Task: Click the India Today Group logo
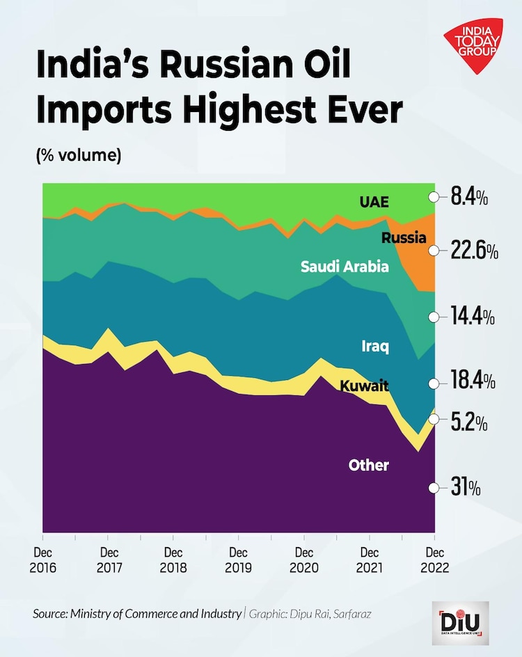[475, 47]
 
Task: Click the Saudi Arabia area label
[345, 267]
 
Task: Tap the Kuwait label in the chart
[364, 386]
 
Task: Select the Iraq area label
[374, 346]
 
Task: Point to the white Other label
[368, 465]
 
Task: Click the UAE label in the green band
[374, 203]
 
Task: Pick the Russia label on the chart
[404, 238]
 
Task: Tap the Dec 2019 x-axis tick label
[238, 558]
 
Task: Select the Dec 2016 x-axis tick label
[43, 558]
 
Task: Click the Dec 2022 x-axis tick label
[434, 558]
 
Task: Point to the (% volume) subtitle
[79, 155]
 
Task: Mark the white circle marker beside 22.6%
[434, 251]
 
